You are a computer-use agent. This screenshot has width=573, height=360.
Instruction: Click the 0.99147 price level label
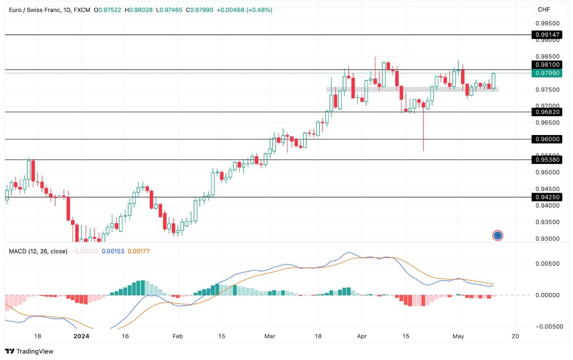(546, 35)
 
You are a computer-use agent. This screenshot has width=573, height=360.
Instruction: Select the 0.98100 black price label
(546, 65)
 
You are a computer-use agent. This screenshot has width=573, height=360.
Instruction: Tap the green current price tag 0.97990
(546, 73)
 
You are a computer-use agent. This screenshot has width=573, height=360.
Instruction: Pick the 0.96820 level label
(546, 112)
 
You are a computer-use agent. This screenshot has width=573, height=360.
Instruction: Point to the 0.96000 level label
(546, 139)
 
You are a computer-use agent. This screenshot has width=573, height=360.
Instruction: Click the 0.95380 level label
(546, 160)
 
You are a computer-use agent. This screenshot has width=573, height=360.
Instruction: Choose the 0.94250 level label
(546, 197)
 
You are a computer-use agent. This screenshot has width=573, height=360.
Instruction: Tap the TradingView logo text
(29, 351)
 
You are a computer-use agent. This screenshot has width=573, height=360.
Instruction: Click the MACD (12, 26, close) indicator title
(38, 251)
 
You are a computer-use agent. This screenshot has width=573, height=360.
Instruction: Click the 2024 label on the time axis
(82, 336)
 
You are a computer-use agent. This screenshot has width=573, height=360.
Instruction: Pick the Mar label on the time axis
(269, 336)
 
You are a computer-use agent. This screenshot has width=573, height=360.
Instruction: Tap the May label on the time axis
(458, 336)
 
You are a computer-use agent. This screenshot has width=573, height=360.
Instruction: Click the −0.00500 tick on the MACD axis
(548, 326)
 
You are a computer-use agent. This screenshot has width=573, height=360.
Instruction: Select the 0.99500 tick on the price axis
(547, 23)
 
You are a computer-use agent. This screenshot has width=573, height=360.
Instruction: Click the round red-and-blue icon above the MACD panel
(498, 235)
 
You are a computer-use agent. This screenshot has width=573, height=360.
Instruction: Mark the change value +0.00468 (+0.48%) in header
(244, 10)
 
